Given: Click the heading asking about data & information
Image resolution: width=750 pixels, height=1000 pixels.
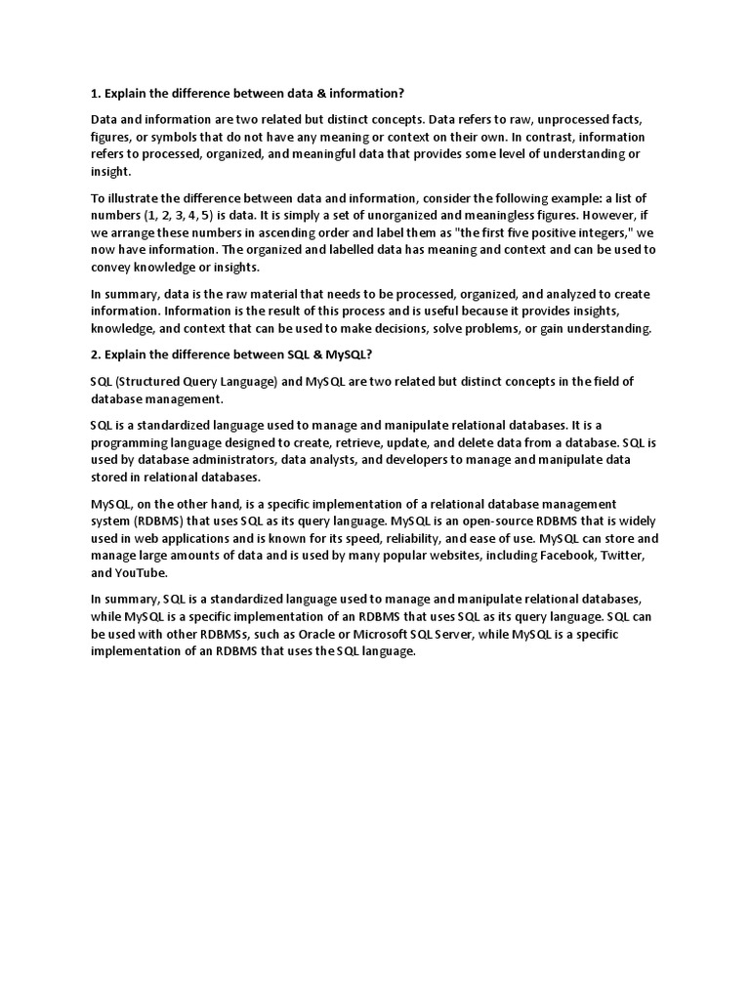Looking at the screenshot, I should [247, 93].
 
